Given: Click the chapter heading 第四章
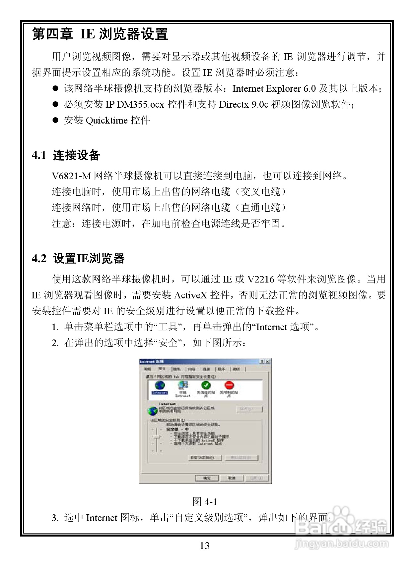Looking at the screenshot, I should point(52,34).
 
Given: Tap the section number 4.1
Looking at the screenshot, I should point(39,155).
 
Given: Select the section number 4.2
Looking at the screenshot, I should point(39,258).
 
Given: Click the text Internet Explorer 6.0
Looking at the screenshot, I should point(274,88).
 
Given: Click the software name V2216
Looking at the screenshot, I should point(261,279).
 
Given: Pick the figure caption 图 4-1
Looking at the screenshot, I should point(205,502).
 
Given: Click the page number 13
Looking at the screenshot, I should point(205,546).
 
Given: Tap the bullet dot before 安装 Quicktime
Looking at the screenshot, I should point(55,120).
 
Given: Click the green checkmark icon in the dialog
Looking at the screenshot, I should point(206,385).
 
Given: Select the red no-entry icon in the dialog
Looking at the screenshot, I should point(229,385).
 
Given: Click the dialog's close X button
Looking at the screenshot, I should point(268,362).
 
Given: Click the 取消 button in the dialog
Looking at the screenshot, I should point(232,478).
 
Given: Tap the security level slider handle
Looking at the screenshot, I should point(157,437).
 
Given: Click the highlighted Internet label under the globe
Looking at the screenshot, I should point(160,392).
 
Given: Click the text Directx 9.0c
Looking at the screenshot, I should point(243,104).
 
